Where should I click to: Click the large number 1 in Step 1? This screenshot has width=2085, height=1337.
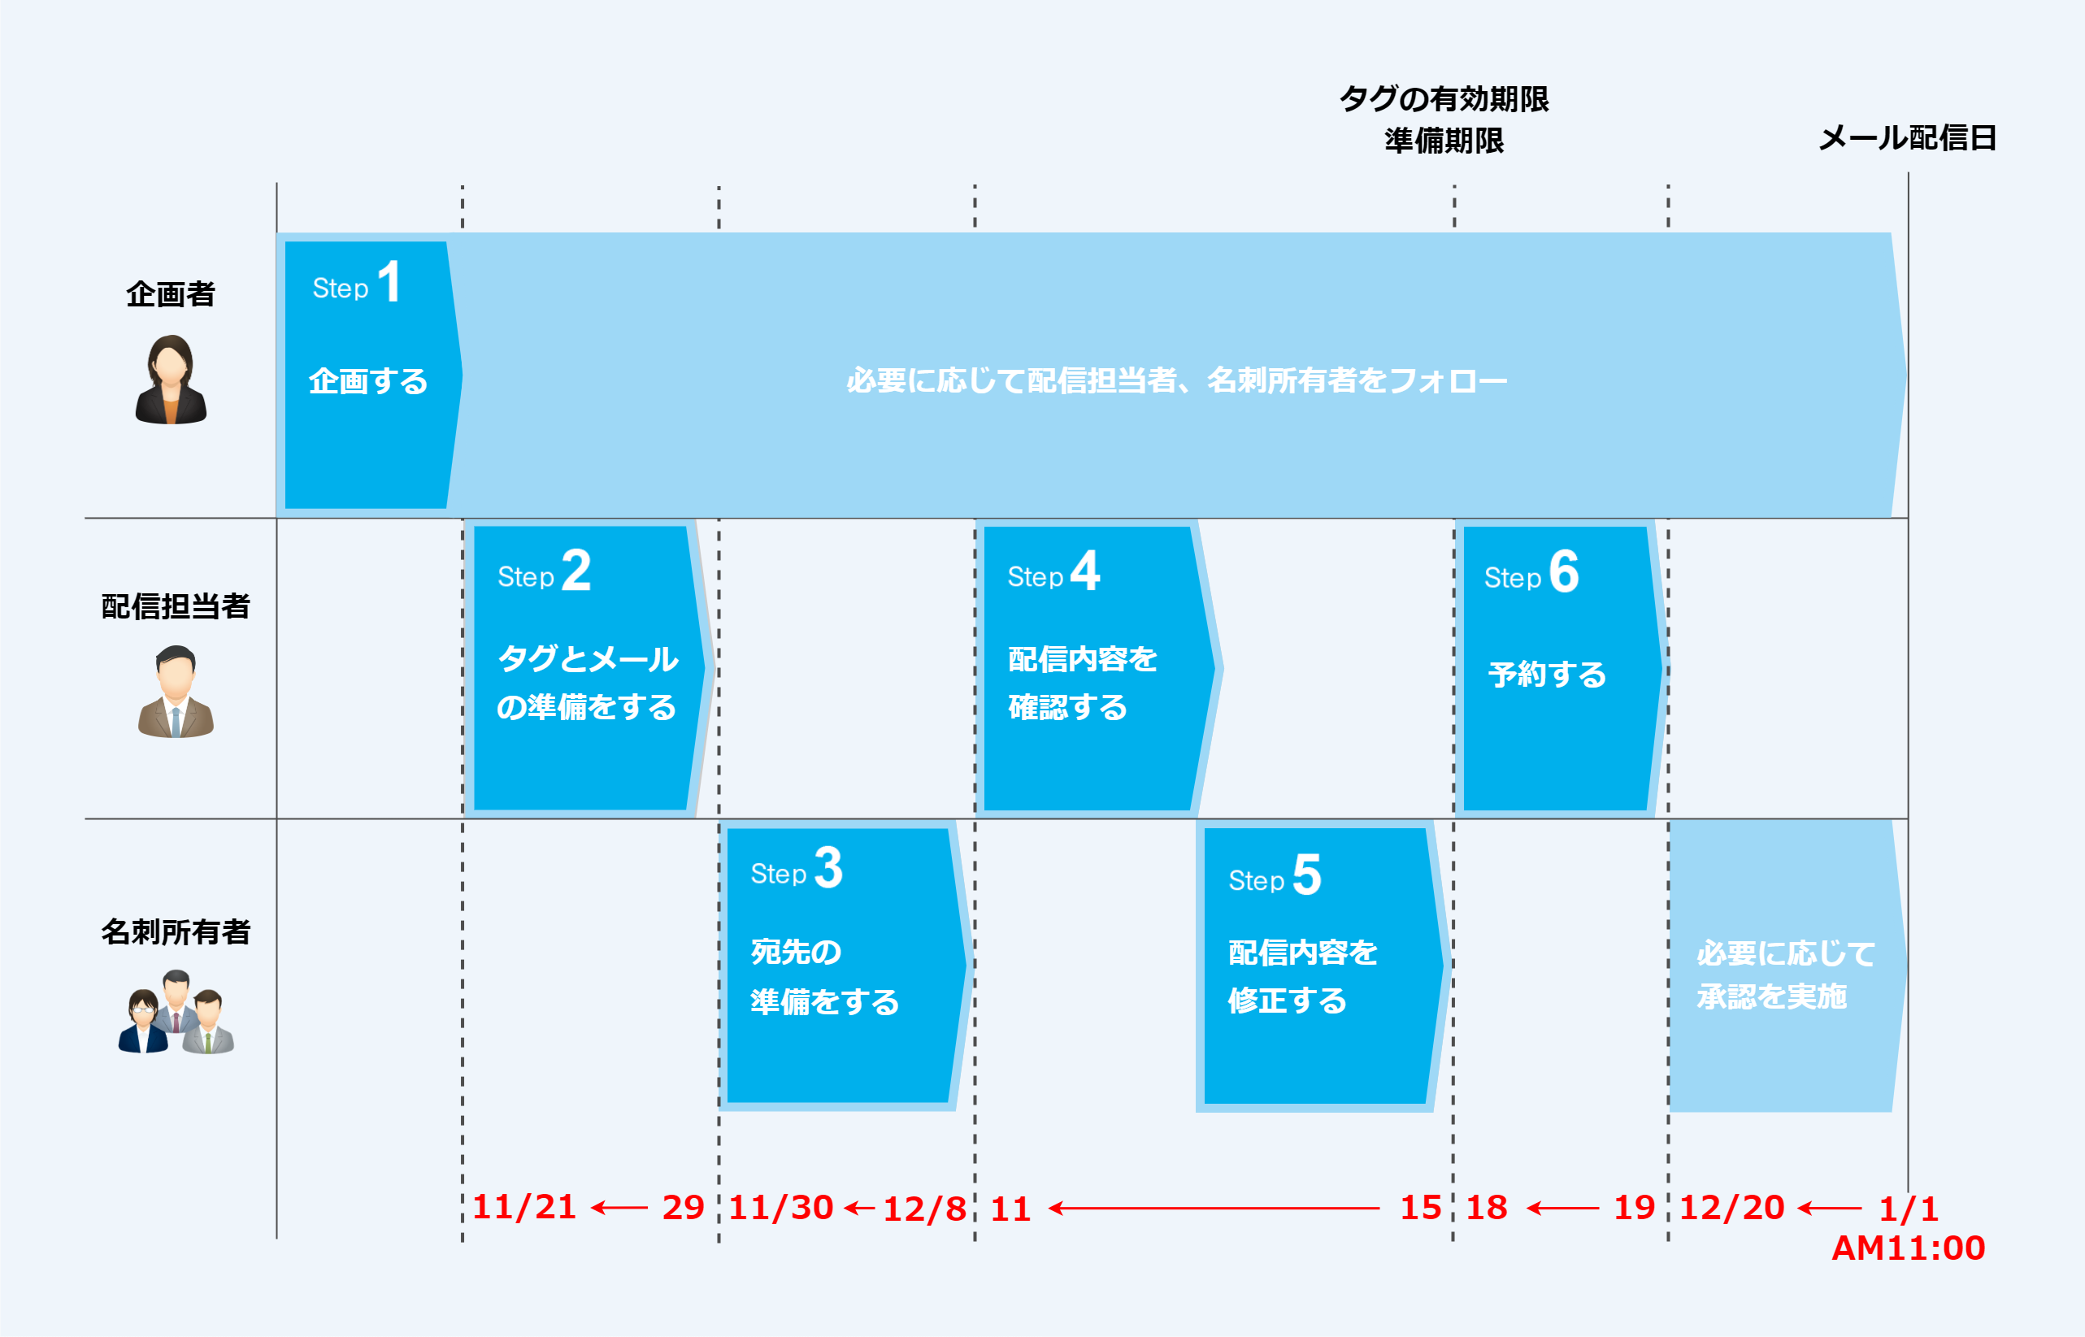389,282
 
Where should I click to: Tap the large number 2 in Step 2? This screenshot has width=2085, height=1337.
576,571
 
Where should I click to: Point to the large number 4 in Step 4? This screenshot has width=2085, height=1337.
1085,571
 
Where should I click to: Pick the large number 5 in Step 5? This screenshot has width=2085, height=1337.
1307,875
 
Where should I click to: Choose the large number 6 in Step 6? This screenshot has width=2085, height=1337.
1564,571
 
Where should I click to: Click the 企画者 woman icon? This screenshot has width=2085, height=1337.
171,380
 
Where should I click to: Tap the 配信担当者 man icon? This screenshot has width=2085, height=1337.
176,692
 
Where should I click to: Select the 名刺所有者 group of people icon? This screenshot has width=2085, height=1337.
176,1014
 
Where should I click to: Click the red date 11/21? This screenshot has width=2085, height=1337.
524,1208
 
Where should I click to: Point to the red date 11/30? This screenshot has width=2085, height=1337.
781,1208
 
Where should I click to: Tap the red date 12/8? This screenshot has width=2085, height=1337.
924,1209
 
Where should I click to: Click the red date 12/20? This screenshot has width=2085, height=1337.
1731,1208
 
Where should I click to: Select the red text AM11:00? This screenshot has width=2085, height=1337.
1909,1248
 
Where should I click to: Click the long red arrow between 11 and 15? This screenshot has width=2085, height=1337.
1214,1208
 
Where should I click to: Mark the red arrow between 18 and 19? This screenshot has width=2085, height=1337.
1562,1208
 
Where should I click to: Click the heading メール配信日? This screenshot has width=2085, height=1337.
1908,138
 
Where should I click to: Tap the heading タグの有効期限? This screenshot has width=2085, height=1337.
1444,99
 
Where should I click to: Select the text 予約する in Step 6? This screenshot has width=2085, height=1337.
1548,675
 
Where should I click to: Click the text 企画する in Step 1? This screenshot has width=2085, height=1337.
369,381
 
